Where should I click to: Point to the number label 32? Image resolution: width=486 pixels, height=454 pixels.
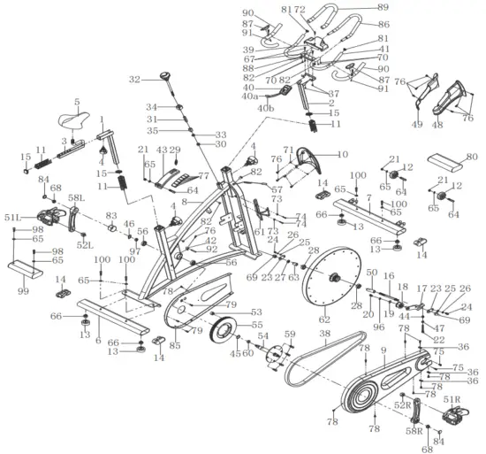(134, 80)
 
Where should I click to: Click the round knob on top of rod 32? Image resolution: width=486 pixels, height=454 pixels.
(164, 77)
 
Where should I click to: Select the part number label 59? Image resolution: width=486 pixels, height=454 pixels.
(287, 334)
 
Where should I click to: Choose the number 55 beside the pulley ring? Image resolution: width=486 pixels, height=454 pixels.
(258, 326)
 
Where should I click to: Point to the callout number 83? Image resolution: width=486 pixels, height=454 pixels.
(111, 215)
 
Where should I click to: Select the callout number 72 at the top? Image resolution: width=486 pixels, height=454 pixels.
(300, 8)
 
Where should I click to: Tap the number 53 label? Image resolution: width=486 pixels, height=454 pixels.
(257, 312)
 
